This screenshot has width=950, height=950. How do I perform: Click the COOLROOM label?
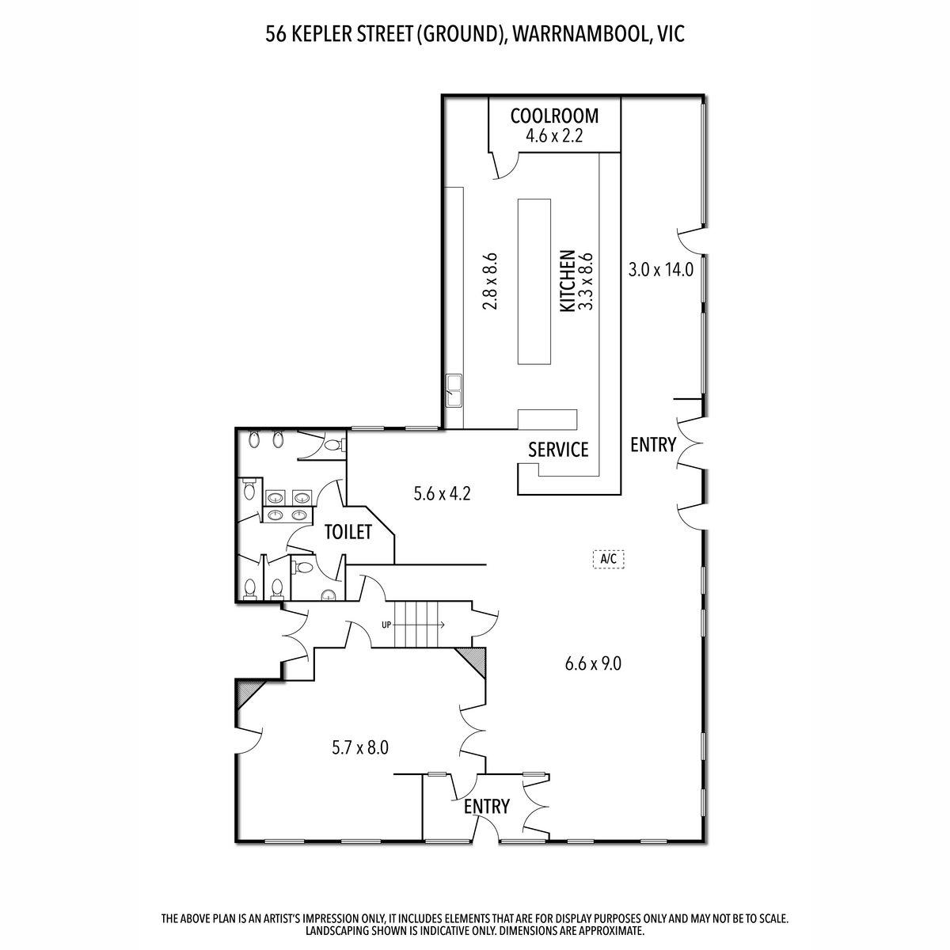(554, 116)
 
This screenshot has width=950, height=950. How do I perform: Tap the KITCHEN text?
(568, 281)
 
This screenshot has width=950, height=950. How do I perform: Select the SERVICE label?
(558, 450)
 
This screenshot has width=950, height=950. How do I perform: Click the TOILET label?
(348, 532)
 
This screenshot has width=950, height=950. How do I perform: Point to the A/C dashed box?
(608, 559)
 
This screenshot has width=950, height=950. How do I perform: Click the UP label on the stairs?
(386, 625)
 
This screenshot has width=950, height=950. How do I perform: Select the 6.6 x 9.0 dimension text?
(593, 664)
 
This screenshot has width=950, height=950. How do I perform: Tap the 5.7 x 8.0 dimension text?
(360, 748)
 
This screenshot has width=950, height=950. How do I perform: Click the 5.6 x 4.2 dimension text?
(443, 493)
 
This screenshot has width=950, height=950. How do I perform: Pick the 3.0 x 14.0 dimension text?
(660, 270)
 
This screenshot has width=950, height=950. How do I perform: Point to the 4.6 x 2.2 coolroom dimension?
(554, 135)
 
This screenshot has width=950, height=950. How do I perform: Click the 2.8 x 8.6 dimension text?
(490, 281)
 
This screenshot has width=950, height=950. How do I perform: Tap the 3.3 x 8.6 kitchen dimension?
(585, 281)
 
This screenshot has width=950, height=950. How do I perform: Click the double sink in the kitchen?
(454, 390)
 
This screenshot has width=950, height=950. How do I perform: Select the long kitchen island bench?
(534, 282)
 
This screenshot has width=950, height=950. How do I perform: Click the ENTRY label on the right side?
(653, 445)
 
